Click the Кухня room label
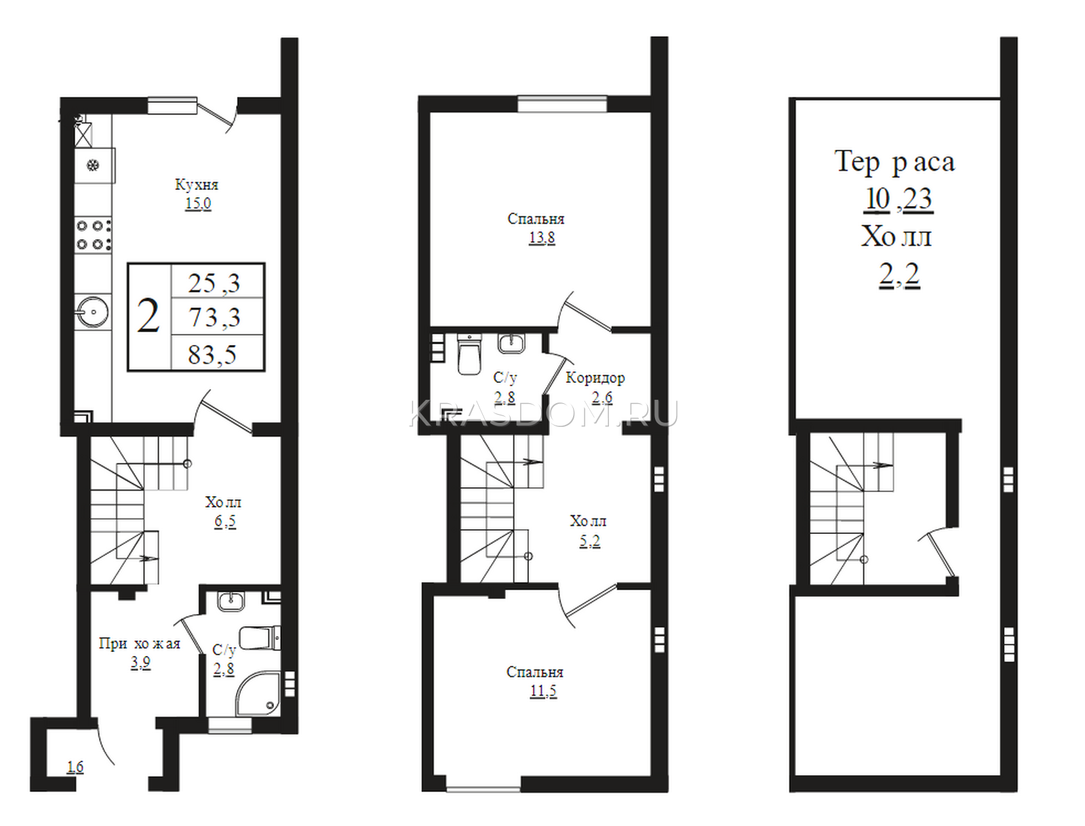(x=196, y=185)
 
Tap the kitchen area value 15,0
(x=198, y=203)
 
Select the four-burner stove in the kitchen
(x=93, y=235)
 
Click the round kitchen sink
(x=92, y=312)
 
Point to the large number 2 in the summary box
(x=149, y=316)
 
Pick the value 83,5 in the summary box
(x=212, y=354)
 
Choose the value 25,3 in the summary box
(x=214, y=283)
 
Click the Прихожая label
(x=140, y=644)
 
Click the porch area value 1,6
(x=75, y=767)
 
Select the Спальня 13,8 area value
(x=542, y=238)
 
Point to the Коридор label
(x=595, y=377)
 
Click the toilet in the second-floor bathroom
(x=469, y=354)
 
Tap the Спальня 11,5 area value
(x=543, y=691)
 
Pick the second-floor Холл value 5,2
(x=590, y=541)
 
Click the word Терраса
(x=894, y=162)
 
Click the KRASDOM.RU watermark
(x=544, y=414)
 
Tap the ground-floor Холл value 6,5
(x=225, y=521)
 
